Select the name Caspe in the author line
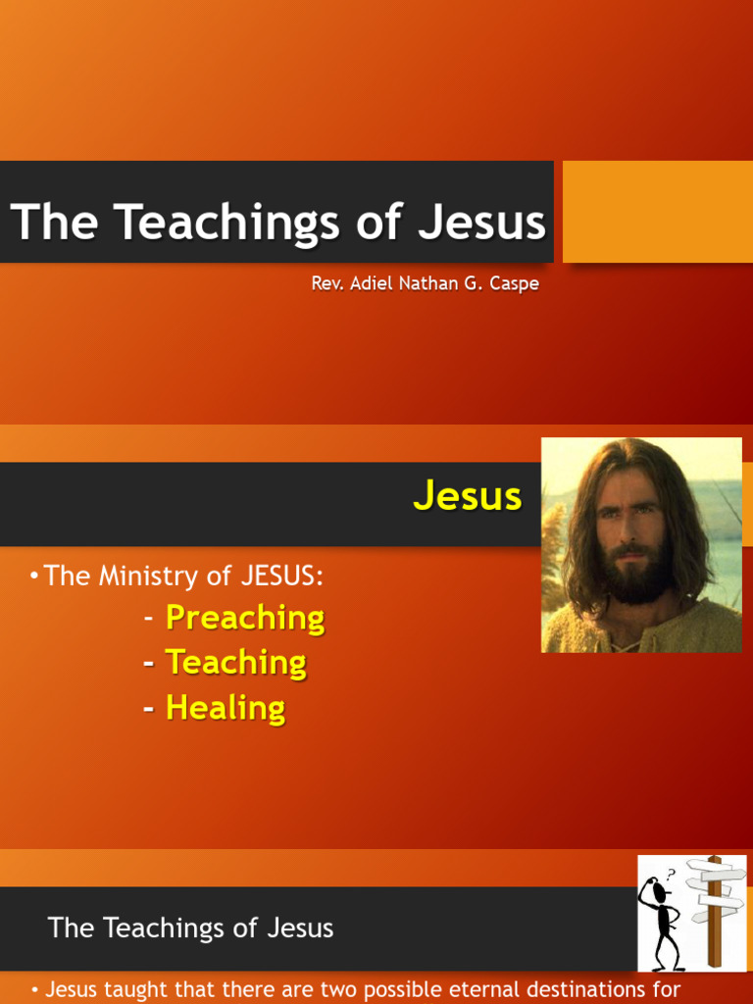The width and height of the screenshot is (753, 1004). click(513, 283)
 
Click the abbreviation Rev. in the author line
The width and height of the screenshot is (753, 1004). click(326, 283)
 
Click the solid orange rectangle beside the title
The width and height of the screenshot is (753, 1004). click(657, 211)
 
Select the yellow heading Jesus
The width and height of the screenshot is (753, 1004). click(468, 496)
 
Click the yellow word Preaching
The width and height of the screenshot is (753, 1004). click(245, 618)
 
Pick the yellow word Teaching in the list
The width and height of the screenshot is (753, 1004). click(235, 663)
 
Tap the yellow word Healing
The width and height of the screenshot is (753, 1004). click(226, 708)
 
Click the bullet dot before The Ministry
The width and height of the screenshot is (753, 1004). click(35, 576)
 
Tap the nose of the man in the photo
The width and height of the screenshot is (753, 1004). click(629, 529)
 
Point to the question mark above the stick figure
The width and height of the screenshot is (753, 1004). click(671, 874)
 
